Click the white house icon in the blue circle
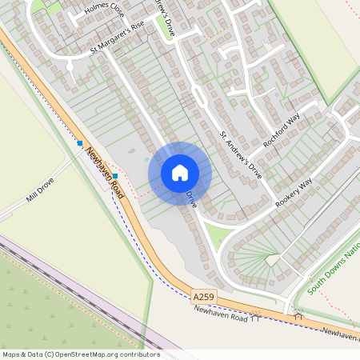(180, 173)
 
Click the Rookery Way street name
(294, 195)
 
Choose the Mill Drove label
(39, 189)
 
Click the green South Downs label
(333, 272)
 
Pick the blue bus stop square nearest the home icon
(116, 176)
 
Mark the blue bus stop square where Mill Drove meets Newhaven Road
(80, 143)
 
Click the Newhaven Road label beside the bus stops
(106, 174)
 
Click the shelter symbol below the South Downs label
(298, 316)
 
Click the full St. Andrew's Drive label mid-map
(241, 148)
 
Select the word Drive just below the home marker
(191, 199)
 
